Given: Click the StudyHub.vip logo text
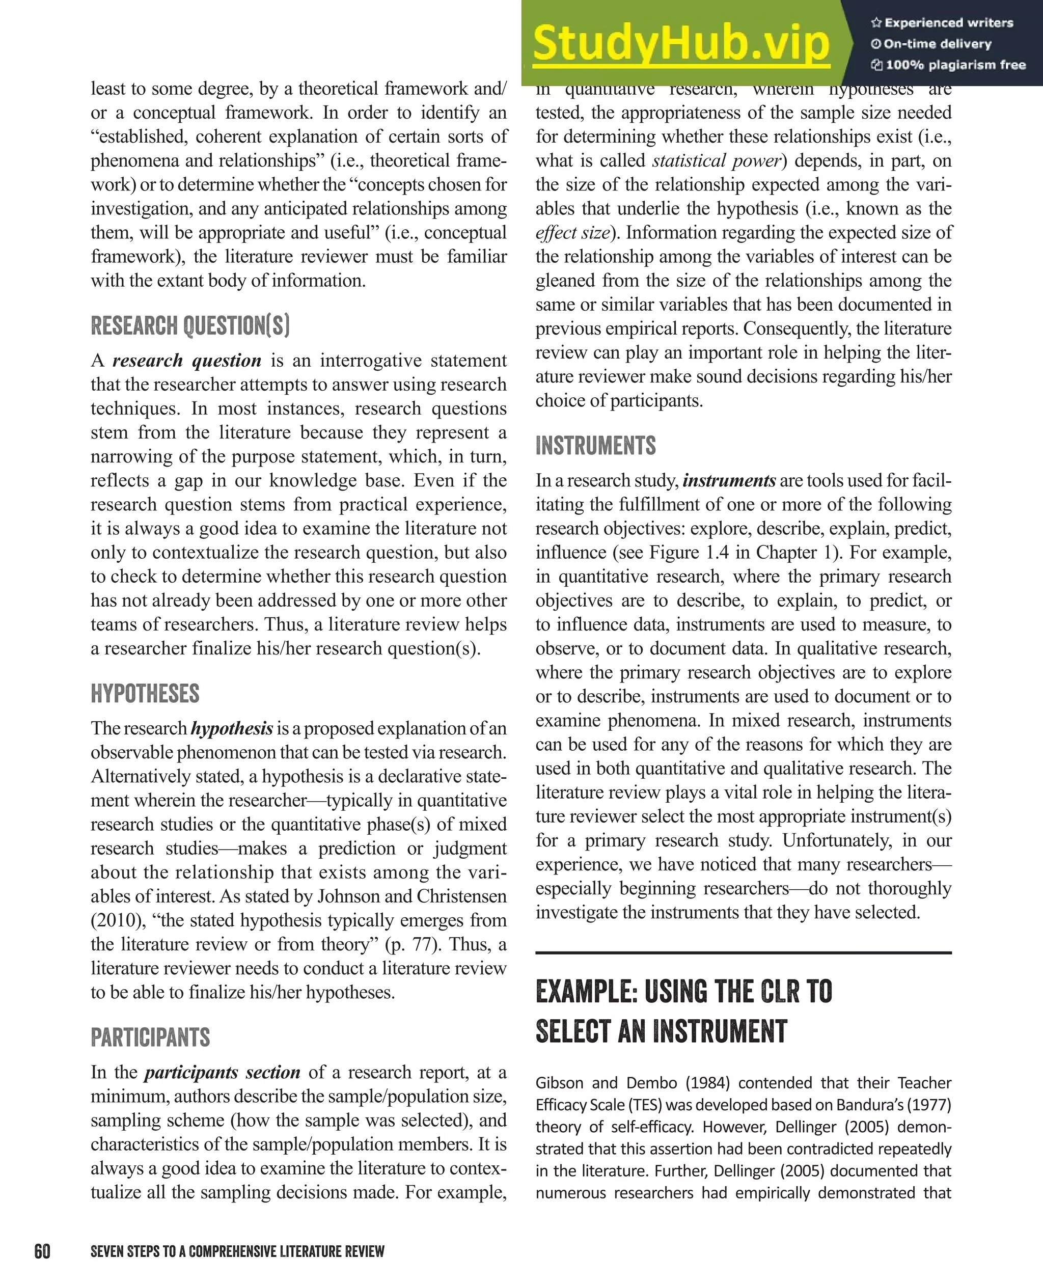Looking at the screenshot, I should coord(681,43).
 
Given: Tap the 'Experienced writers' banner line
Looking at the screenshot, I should coord(942,23).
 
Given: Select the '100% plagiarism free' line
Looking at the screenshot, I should coord(948,65).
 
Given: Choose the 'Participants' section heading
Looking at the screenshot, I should coord(150,1037).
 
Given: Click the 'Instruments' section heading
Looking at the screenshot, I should coord(595,446).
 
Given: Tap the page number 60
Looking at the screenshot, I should coord(42,1251).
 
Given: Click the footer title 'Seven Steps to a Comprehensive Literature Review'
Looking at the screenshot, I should coord(237,1251).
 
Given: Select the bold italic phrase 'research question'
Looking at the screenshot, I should coord(187,361).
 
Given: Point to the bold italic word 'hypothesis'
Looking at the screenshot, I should coord(232,728).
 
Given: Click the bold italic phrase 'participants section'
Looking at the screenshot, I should coord(222,1073).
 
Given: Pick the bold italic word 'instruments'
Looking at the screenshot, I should coord(729,481).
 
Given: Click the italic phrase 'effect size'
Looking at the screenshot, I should coord(572,233).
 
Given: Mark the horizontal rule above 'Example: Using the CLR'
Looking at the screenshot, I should coord(743,953).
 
